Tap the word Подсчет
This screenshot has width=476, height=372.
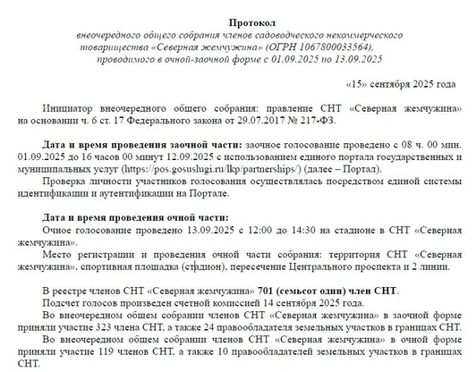click(64, 303)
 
